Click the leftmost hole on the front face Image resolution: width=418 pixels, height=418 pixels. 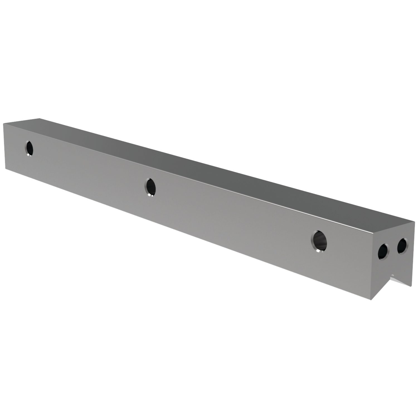pos(29,148)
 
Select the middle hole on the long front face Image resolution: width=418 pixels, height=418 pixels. pos(150,187)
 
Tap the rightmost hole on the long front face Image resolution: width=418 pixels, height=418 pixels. pos(319,241)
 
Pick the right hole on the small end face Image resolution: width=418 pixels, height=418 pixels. pos(402,246)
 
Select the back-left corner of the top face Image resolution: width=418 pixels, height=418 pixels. pos(39,118)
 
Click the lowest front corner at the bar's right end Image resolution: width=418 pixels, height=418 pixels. pos(371,300)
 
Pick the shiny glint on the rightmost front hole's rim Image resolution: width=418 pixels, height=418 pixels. pos(318,250)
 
